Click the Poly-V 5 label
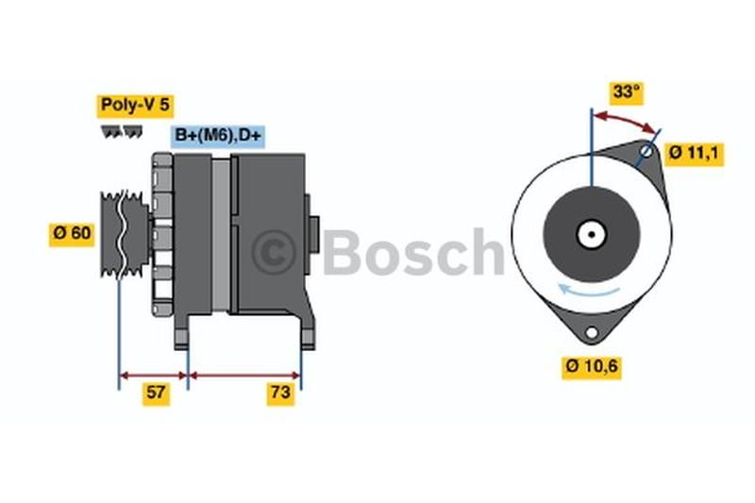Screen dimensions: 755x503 click(x=135, y=105)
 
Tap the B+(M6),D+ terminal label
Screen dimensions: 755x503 click(x=218, y=135)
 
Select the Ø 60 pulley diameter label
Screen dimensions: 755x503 click(x=73, y=234)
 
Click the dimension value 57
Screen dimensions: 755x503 click(x=156, y=393)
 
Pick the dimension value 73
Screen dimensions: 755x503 click(x=280, y=393)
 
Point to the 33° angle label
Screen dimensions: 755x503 click(x=627, y=92)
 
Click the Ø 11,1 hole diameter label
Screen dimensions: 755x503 click(x=694, y=154)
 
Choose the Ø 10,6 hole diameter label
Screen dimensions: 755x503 click(x=592, y=367)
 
